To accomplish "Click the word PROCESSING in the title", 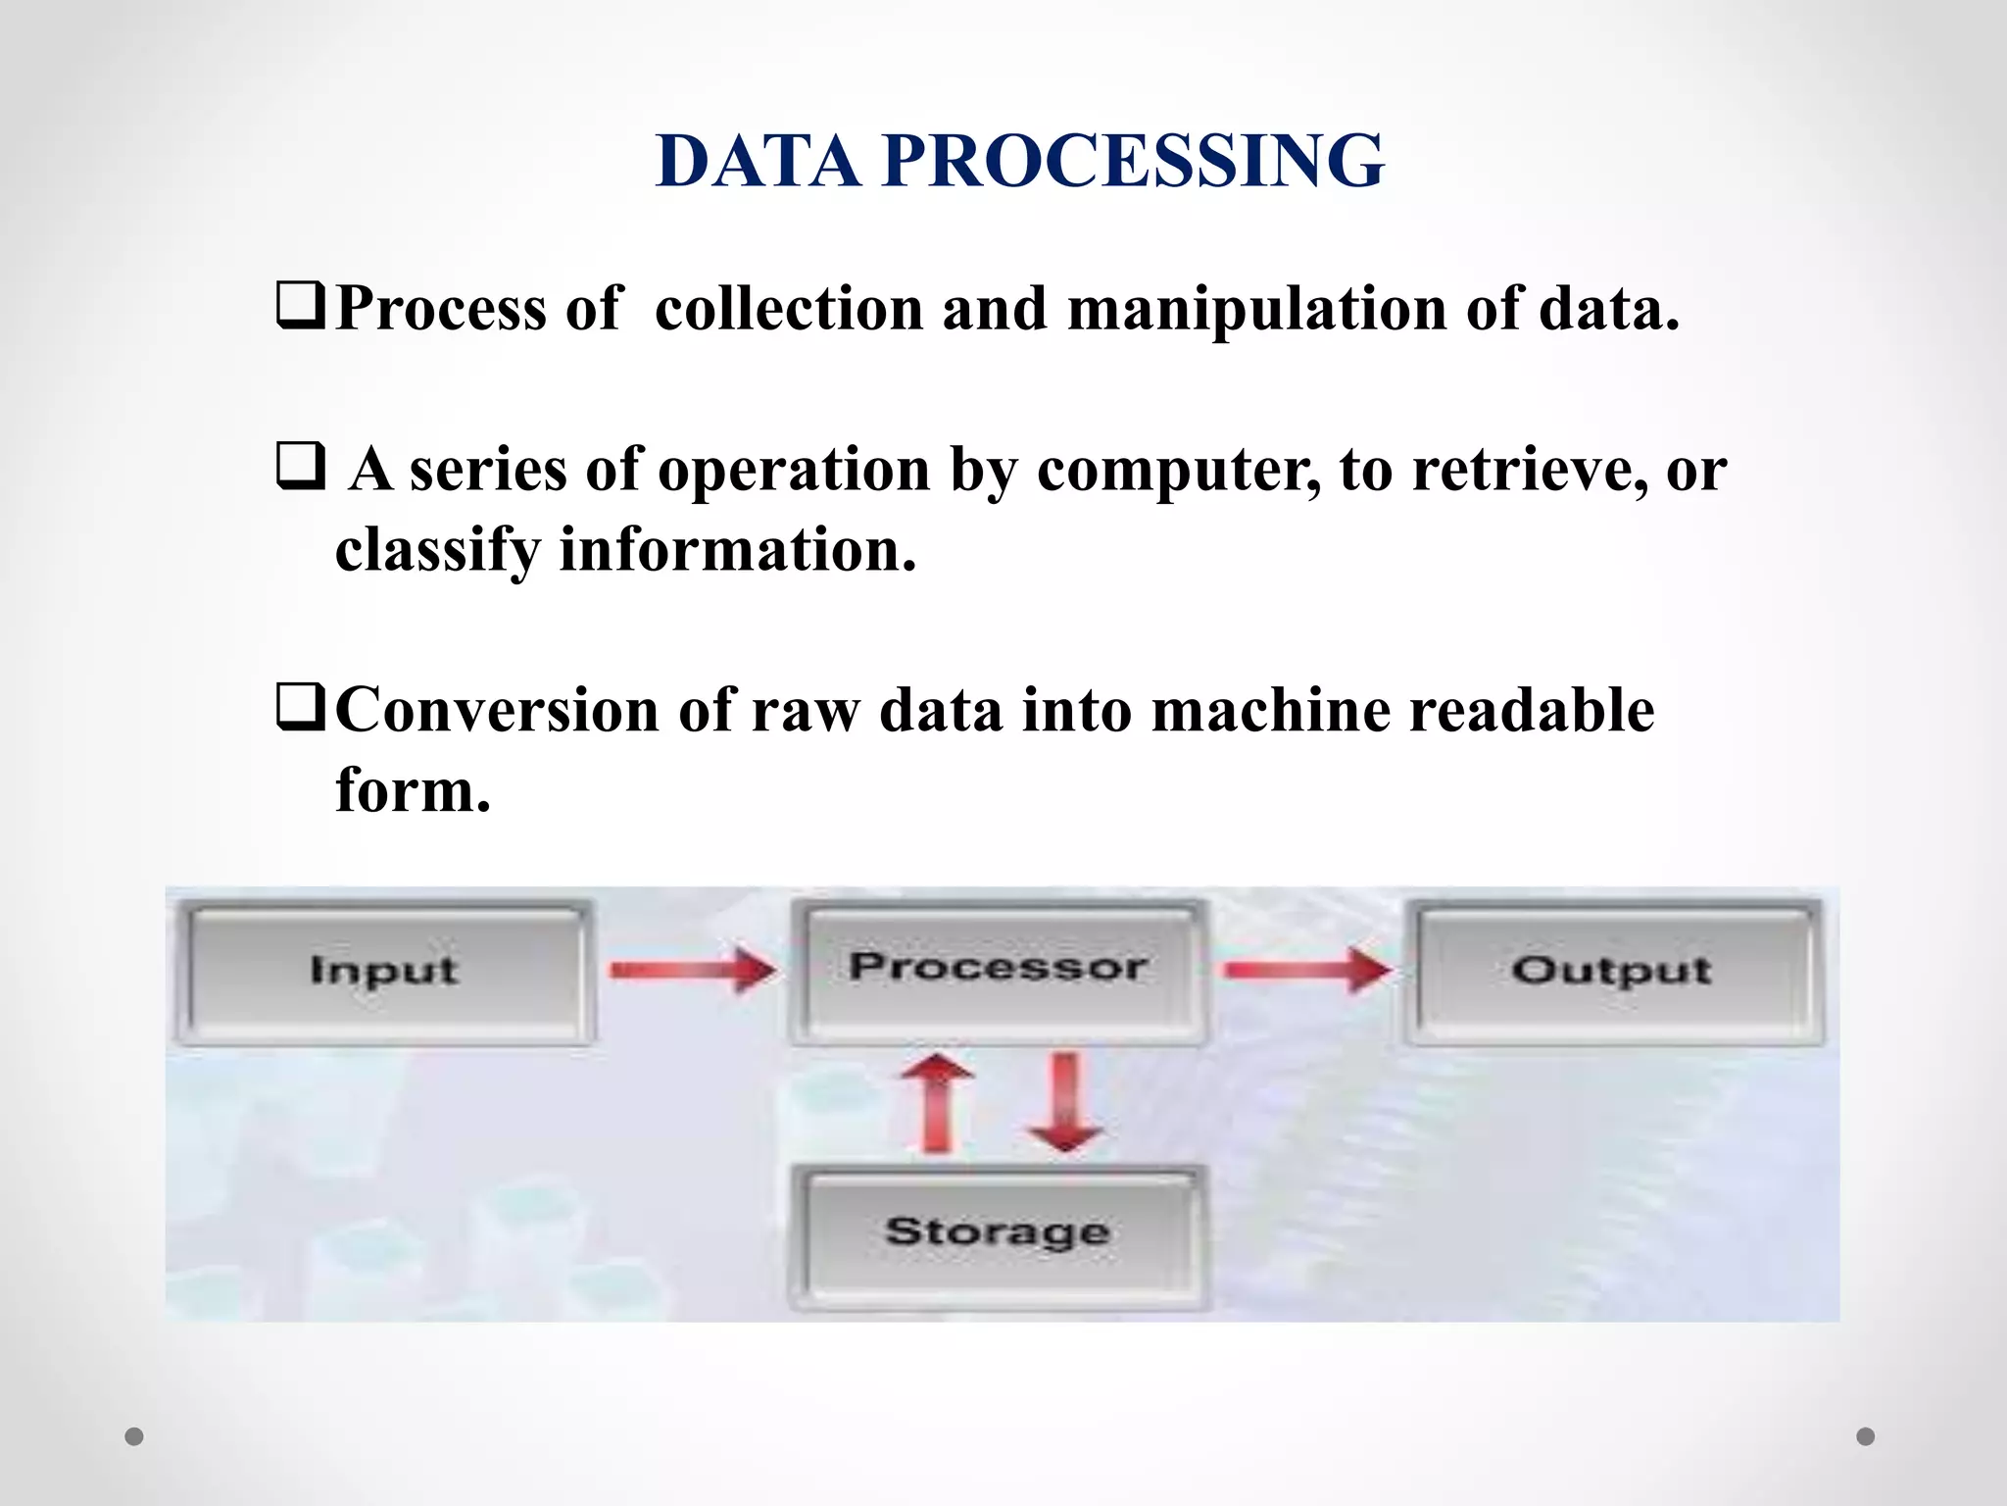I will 1133,161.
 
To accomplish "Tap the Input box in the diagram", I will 384,971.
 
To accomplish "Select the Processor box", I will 998,969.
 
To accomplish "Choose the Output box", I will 1612,971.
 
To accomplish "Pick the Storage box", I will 998,1231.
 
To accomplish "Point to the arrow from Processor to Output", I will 1307,971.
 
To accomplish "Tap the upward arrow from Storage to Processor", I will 938,1102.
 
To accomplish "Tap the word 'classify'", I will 437,551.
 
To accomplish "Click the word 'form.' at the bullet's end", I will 413,790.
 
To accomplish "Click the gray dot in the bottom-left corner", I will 134,1437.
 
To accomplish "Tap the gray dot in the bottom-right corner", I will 1866,1436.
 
